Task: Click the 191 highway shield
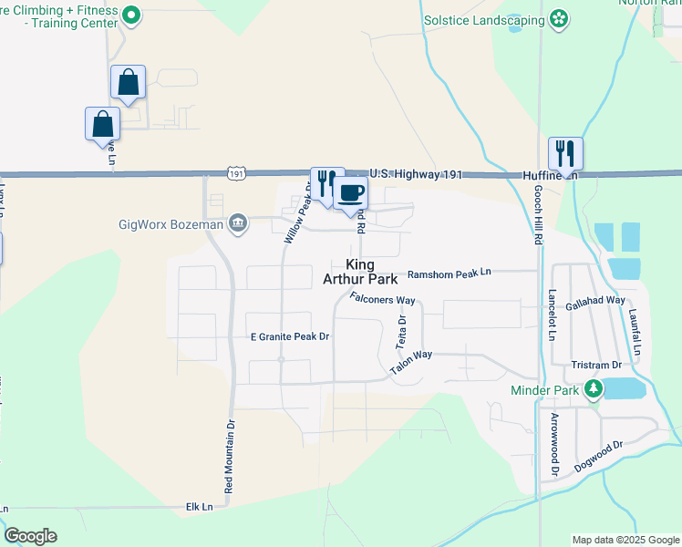pyautogui.click(x=237, y=173)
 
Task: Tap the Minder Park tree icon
pyautogui.click(x=594, y=390)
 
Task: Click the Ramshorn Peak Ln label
pyautogui.click(x=449, y=273)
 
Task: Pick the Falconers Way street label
pyautogui.click(x=382, y=300)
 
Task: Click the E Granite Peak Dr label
pyautogui.click(x=289, y=336)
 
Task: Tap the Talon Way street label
pyautogui.click(x=410, y=362)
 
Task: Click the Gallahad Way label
pyautogui.click(x=594, y=300)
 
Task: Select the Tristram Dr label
pyautogui.click(x=596, y=365)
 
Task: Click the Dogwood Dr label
pyautogui.click(x=598, y=457)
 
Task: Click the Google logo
pyautogui.click(x=30, y=536)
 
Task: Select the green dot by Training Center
pyautogui.click(x=131, y=15)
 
